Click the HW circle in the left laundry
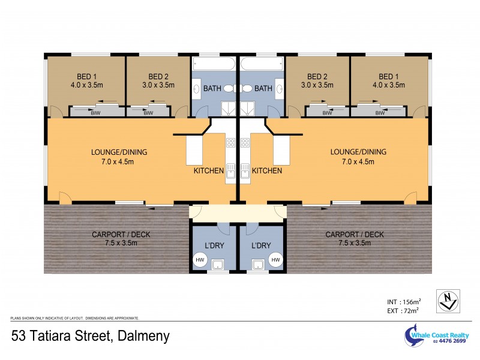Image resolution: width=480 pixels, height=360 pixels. [x=200, y=260]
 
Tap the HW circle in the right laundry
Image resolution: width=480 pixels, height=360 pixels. [x=276, y=260]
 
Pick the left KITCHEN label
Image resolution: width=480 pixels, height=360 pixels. [x=208, y=171]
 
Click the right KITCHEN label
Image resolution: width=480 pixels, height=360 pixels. [x=267, y=171]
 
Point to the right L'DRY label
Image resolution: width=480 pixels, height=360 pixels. [x=261, y=245]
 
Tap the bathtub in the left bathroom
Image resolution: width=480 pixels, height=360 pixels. [x=214, y=64]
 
